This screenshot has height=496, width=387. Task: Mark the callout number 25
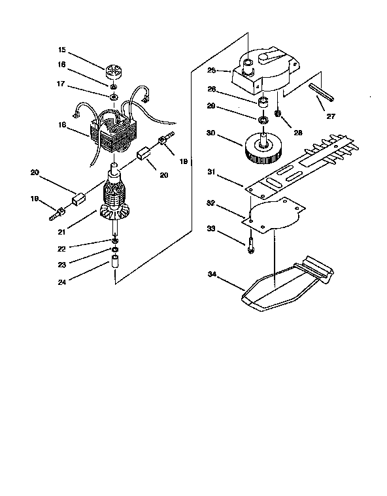click(211, 69)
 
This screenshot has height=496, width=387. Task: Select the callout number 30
click(210, 133)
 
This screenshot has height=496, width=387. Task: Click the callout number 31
click(210, 172)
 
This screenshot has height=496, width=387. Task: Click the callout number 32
click(210, 204)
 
